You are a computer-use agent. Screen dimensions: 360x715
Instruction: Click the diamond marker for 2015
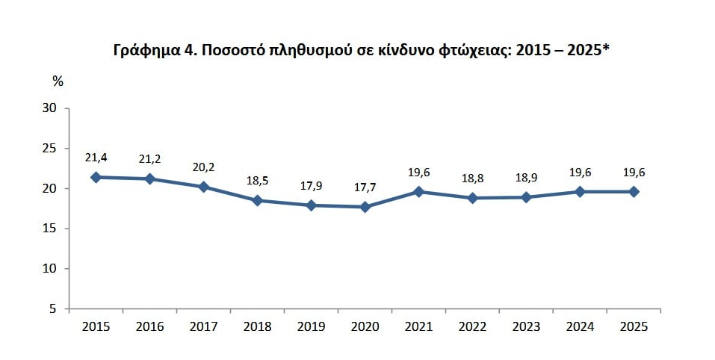[x=96, y=177]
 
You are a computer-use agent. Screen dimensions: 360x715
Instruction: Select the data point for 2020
[x=365, y=207]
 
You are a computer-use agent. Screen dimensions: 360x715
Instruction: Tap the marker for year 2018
[x=258, y=200]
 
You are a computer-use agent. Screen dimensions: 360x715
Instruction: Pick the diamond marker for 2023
[x=526, y=197]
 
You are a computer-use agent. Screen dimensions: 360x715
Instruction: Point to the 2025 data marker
[x=634, y=191]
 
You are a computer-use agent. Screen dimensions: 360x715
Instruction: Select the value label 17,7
[x=365, y=187]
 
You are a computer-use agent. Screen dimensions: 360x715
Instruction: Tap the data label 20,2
[x=204, y=167]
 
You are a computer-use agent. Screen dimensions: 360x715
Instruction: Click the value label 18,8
[x=472, y=179]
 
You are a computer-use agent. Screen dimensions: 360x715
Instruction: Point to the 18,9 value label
[x=526, y=179]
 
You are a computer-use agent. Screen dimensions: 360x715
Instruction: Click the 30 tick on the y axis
[x=49, y=108]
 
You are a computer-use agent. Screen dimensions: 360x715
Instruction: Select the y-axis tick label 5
[x=53, y=308]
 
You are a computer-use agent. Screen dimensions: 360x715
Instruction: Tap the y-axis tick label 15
[x=49, y=229]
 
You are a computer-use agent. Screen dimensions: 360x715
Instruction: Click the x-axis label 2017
[x=204, y=326]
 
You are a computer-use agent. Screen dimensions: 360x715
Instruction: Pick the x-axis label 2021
[x=418, y=326]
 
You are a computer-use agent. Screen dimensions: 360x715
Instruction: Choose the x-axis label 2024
[x=580, y=326]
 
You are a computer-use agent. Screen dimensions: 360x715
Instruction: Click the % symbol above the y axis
[x=58, y=81]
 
